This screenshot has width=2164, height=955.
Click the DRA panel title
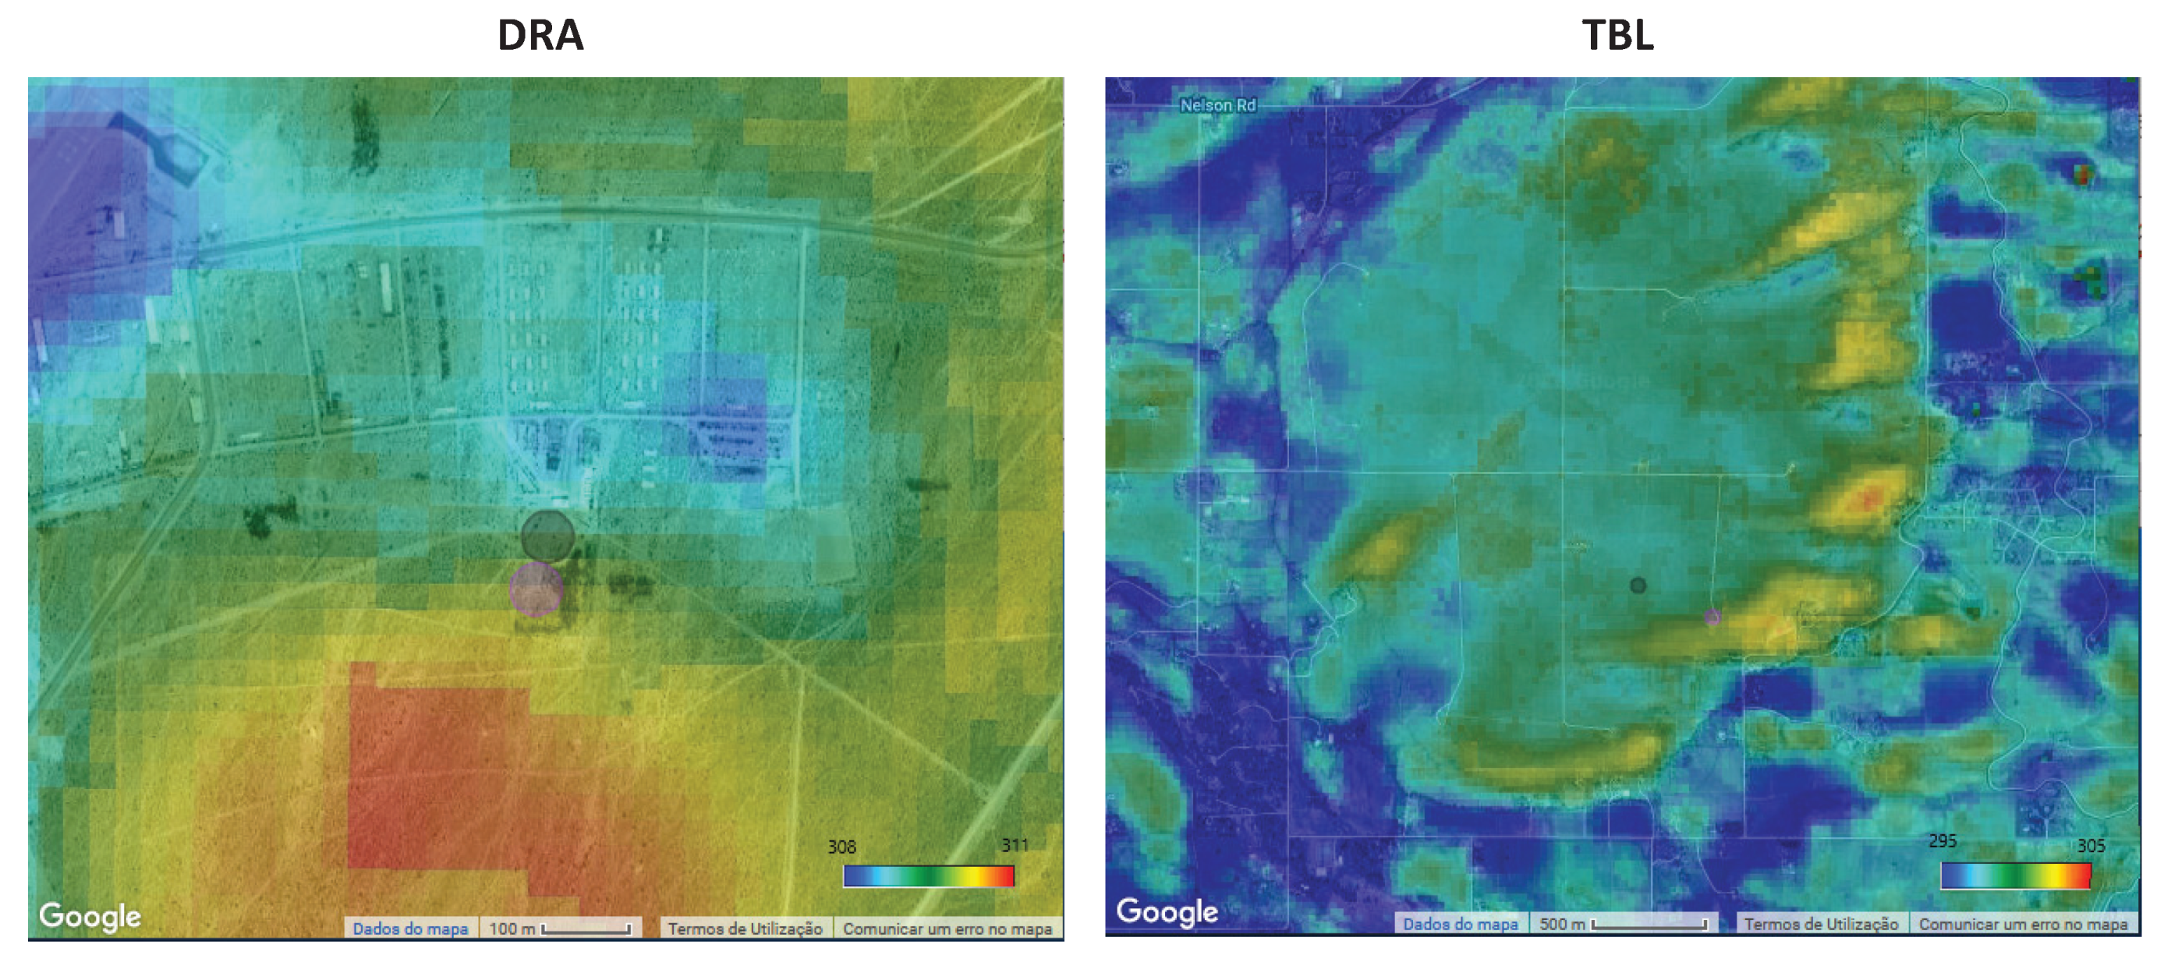coord(540,35)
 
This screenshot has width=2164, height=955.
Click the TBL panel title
coord(1617,35)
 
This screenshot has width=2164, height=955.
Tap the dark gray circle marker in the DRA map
coord(547,536)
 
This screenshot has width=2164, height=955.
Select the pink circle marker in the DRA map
coord(536,589)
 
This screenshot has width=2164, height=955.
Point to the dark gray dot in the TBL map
coord(1638,585)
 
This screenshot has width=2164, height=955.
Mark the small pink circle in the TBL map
coord(1712,617)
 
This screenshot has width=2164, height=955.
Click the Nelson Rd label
coord(1217,106)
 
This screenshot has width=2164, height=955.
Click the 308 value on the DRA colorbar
coord(841,847)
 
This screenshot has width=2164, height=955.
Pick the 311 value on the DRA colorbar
coord(1014,845)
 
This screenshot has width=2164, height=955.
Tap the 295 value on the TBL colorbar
coord(1943,840)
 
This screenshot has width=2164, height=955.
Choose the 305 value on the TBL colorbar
coord(2091,845)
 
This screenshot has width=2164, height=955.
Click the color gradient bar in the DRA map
coord(928,876)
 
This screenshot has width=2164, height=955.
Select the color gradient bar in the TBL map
coord(2015,876)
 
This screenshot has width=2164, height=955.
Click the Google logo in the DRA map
coord(90,916)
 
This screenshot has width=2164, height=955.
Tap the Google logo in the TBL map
coord(1167,911)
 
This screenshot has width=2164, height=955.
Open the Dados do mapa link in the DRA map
coord(410,928)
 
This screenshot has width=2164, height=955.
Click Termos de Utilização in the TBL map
coord(1820,924)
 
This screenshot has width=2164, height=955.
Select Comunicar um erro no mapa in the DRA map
coord(947,928)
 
